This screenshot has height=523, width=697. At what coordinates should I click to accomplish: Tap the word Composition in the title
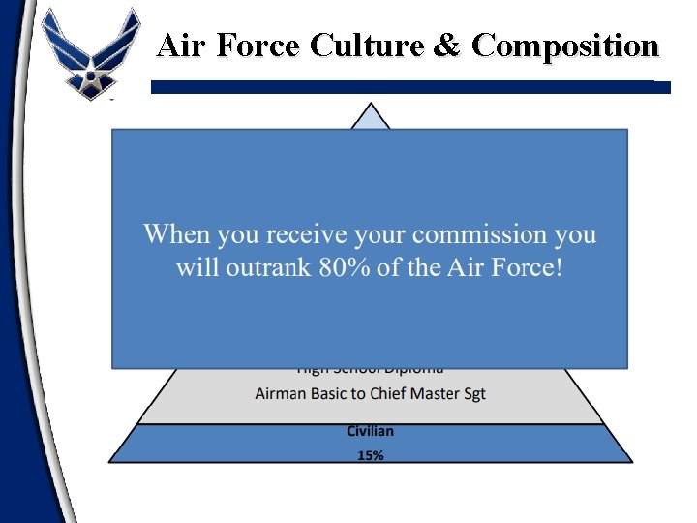pos(565,46)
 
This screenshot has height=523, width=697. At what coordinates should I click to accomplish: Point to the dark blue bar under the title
pos(410,87)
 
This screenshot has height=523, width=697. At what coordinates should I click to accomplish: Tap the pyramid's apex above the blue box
pos(370,117)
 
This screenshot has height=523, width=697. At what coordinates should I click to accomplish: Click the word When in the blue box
pos(178,234)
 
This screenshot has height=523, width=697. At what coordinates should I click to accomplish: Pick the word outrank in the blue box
pos(268,267)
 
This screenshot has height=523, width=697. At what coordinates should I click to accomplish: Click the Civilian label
pos(370,431)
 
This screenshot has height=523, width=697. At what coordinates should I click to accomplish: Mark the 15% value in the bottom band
pos(370,455)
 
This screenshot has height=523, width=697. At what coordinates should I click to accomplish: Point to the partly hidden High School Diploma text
pos(370,370)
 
